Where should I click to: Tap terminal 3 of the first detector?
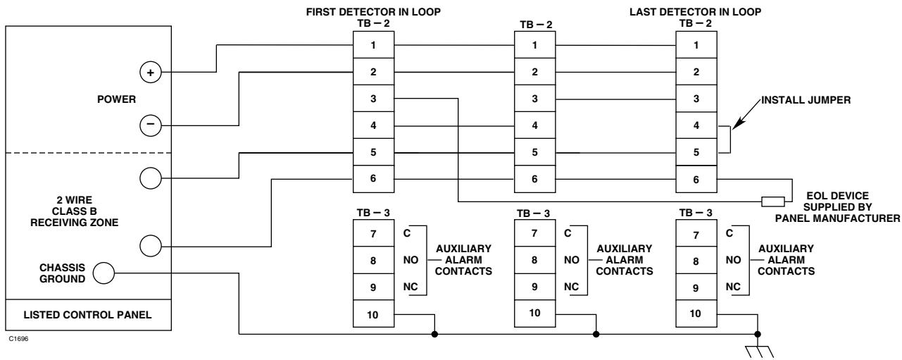(x=373, y=99)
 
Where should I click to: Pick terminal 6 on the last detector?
(x=696, y=179)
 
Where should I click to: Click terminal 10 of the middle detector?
(x=534, y=314)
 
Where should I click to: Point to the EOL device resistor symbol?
(x=772, y=201)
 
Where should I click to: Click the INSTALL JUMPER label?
(x=806, y=100)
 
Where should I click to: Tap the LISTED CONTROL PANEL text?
(x=87, y=315)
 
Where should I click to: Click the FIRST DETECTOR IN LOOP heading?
(x=373, y=12)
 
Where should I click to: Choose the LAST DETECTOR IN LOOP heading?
(x=696, y=12)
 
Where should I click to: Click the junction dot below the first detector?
(x=434, y=334)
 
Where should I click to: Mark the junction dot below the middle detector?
(x=596, y=334)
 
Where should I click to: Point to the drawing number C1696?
(x=18, y=339)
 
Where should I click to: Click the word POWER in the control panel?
(x=116, y=99)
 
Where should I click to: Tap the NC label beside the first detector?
(x=411, y=287)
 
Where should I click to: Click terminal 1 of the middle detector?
(x=534, y=45)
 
